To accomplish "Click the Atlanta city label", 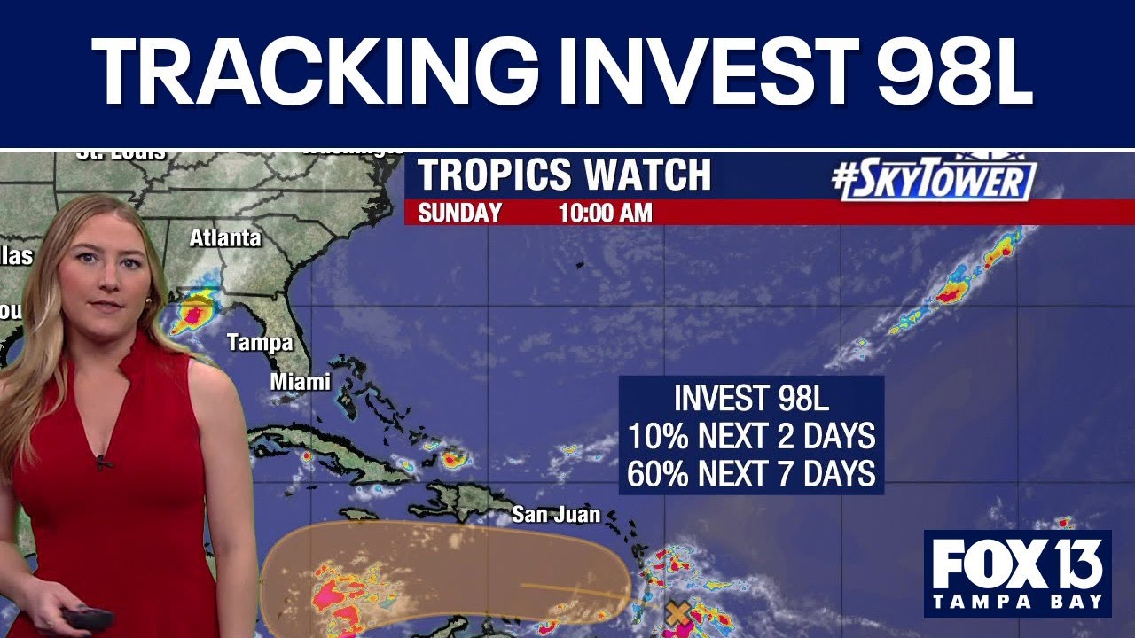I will tap(225, 237).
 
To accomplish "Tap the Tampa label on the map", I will tap(259, 343).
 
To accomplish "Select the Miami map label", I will tap(301, 382).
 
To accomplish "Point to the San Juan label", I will tap(556, 514).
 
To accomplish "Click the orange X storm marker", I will tap(678, 611).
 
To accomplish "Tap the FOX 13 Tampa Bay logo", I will tap(1017, 573).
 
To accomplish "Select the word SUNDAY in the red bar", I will tap(459, 214).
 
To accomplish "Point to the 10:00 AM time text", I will tap(605, 214).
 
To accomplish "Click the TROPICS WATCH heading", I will tap(564, 175).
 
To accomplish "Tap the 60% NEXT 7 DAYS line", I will tap(751, 474).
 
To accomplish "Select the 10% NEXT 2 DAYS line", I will tap(751, 436).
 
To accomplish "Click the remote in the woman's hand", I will tap(87, 618).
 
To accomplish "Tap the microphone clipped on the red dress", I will tap(103, 462).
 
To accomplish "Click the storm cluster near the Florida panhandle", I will tap(195, 312).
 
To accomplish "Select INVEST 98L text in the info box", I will tap(751, 398).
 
